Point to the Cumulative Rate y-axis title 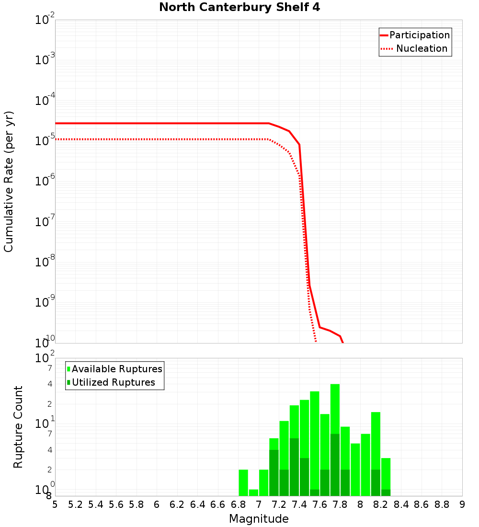pyautogui.click(x=9, y=181)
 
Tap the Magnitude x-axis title pyautogui.click(x=259, y=519)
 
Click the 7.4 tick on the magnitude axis pyautogui.click(x=299, y=504)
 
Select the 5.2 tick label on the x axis pyautogui.click(x=76, y=504)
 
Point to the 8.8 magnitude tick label pyautogui.click(x=442, y=504)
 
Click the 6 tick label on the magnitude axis pyautogui.click(x=157, y=504)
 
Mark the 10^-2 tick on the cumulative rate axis pyautogui.click(x=45, y=20)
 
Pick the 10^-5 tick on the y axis pyautogui.click(x=45, y=141)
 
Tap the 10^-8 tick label pyautogui.click(x=45, y=262)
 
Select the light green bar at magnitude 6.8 pyautogui.click(x=243, y=482)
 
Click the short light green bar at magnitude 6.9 pyautogui.click(x=253, y=493)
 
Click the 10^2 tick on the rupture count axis pyautogui.click(x=45, y=358)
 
